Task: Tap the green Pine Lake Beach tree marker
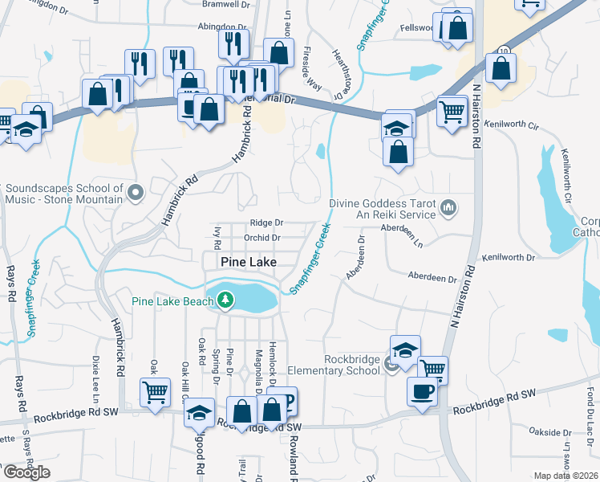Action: tap(226, 301)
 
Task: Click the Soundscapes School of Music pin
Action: tap(136, 193)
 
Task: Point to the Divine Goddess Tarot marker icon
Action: tap(448, 209)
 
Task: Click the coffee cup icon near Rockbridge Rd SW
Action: tap(422, 391)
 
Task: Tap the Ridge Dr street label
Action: tap(266, 223)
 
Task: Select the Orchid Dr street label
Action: tap(262, 238)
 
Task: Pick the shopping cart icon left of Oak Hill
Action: tap(155, 391)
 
